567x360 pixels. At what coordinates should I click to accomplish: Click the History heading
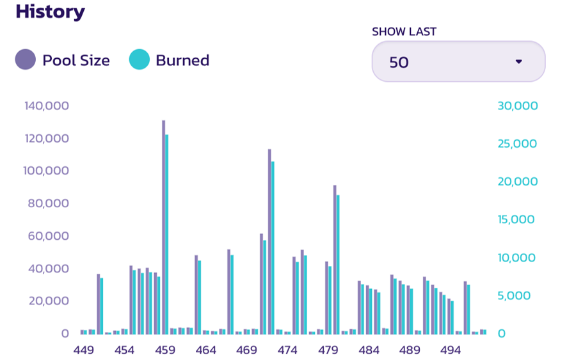[x=50, y=12]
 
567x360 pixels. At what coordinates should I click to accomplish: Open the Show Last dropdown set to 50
[x=458, y=62]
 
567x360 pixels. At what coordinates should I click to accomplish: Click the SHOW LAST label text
[x=404, y=31]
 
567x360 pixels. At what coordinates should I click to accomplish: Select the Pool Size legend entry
[x=63, y=61]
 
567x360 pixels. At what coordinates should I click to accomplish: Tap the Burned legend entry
[x=170, y=61]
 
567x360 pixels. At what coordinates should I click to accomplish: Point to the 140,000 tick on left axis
[x=47, y=106]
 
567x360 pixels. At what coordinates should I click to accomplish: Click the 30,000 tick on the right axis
[x=517, y=106]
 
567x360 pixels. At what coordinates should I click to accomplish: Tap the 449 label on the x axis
[x=84, y=350]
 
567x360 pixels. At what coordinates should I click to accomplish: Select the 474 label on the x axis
[x=287, y=350]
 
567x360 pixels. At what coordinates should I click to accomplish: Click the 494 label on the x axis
[x=451, y=350]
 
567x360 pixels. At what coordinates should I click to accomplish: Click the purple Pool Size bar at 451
[x=98, y=304]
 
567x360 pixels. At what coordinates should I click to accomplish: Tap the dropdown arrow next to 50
[x=519, y=62]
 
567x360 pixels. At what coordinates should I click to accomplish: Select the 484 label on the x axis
[x=369, y=350]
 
